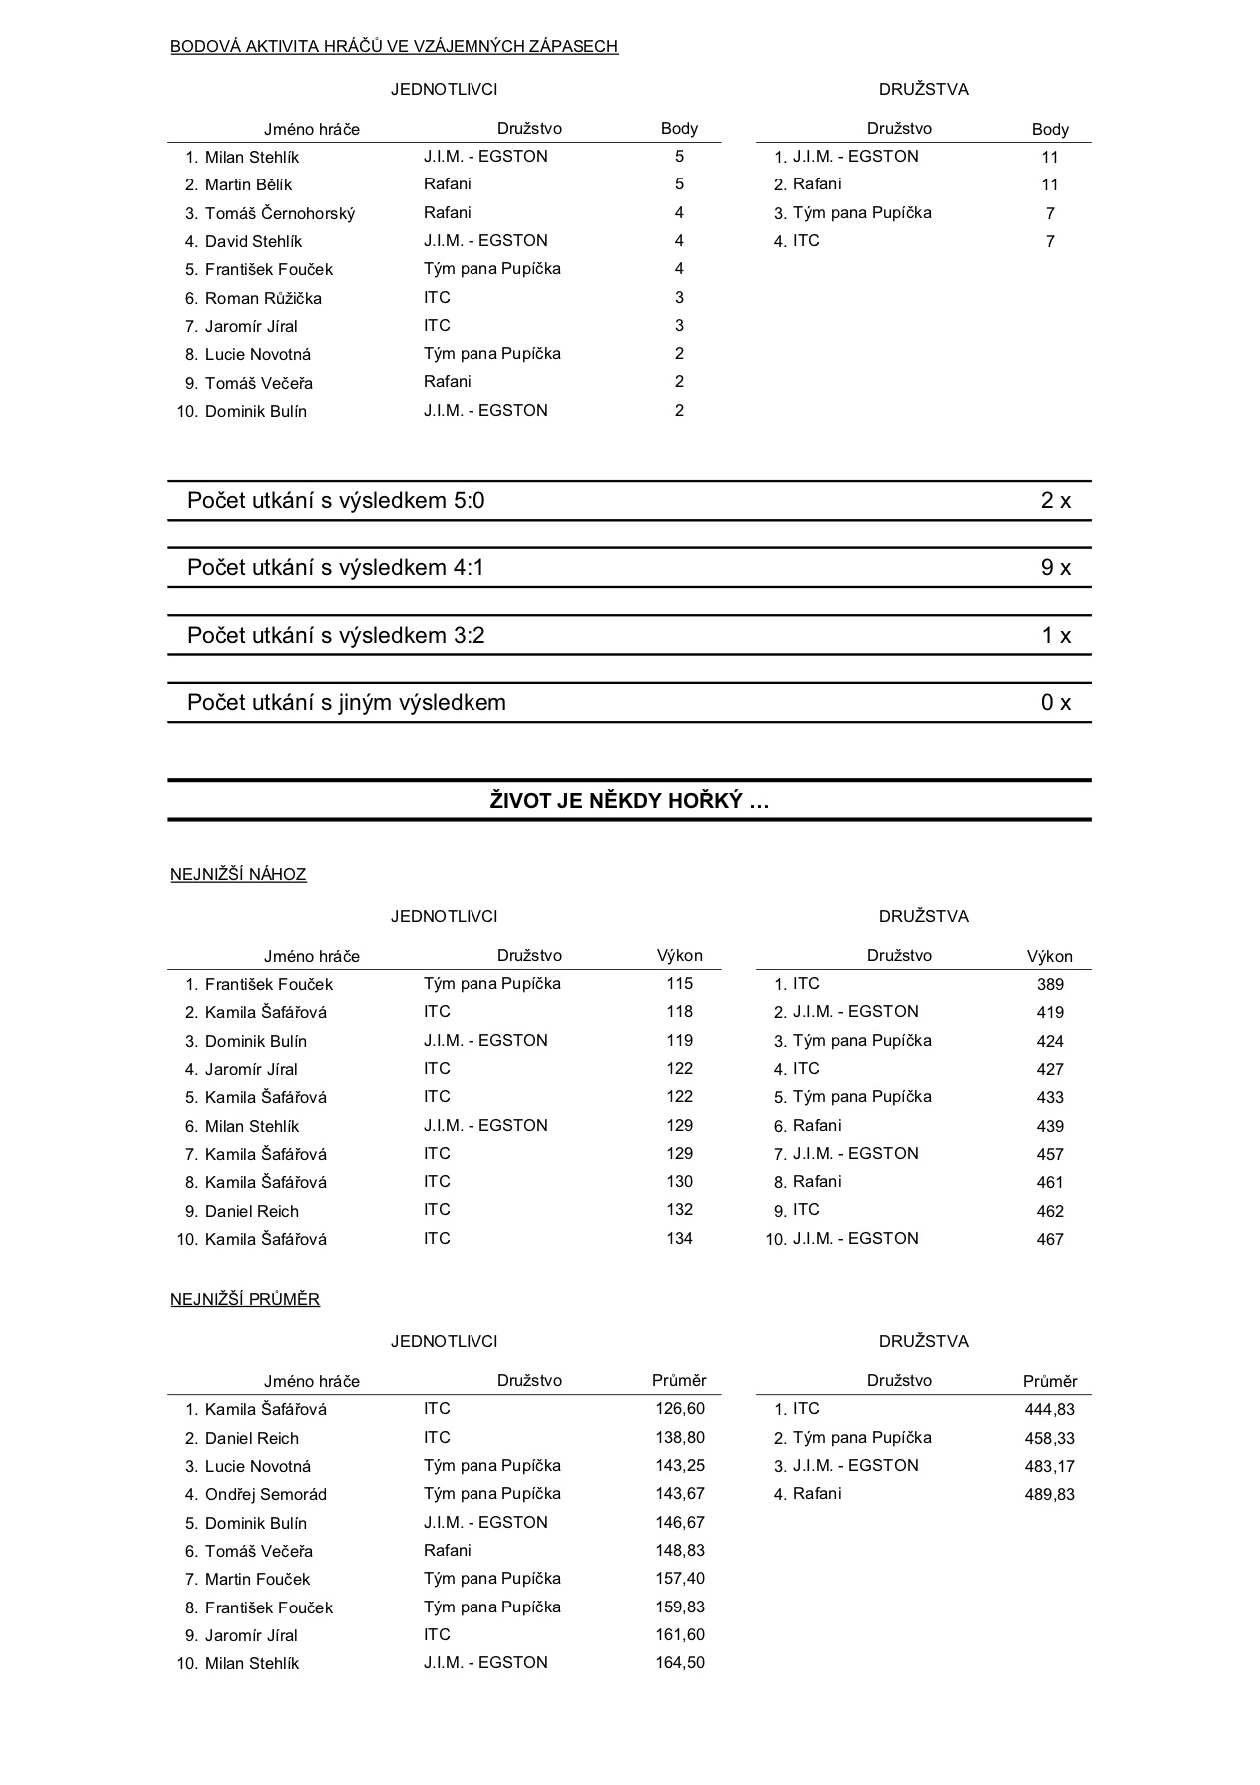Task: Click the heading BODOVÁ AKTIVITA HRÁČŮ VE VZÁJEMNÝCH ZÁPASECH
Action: click(x=394, y=46)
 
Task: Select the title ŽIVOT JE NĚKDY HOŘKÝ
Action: click(x=629, y=801)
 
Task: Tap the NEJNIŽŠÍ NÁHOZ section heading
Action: click(x=238, y=875)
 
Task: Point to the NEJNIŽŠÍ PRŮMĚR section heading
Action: click(x=245, y=1300)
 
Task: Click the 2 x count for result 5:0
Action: click(x=1055, y=501)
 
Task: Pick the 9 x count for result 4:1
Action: click(x=1055, y=568)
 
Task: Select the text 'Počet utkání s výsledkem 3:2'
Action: click(x=336, y=636)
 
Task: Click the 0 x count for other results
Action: click(x=1055, y=703)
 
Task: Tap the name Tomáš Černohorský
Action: click(x=279, y=213)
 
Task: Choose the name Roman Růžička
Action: click(x=263, y=298)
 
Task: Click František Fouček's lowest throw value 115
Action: click(x=679, y=984)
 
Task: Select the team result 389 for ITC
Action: click(x=1050, y=985)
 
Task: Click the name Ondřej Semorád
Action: click(x=265, y=1494)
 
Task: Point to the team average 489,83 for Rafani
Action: click(x=1049, y=1494)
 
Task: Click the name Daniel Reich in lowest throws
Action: click(x=251, y=1211)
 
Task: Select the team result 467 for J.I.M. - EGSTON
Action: click(x=1050, y=1240)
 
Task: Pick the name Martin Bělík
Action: click(x=248, y=184)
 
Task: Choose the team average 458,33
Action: click(x=1049, y=1438)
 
